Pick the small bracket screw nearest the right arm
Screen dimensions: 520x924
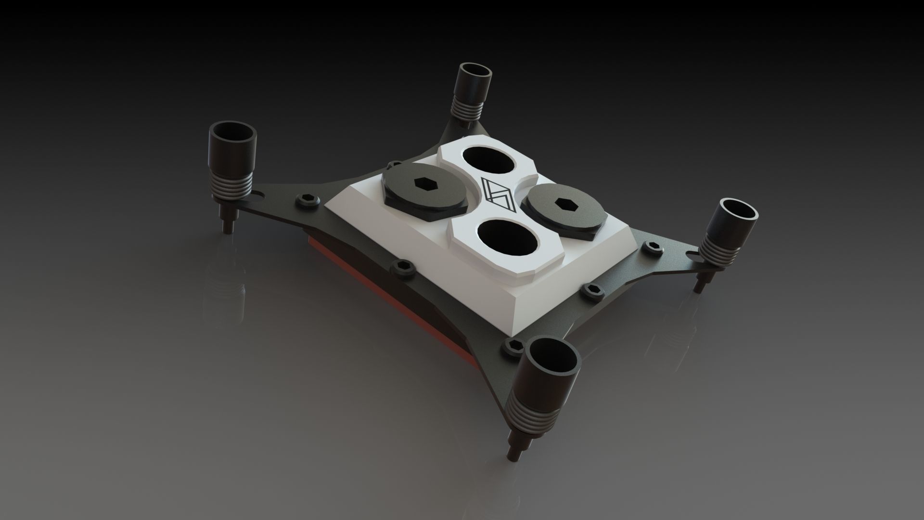point(654,247)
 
